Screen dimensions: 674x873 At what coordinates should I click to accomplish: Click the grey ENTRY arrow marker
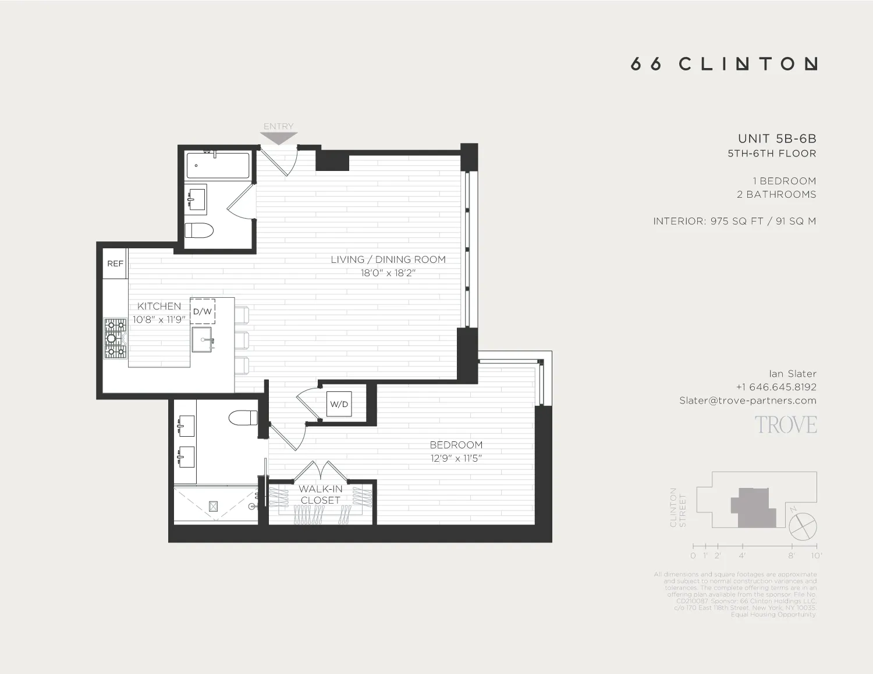(279, 138)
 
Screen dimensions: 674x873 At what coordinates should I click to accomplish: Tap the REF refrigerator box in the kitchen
(115, 263)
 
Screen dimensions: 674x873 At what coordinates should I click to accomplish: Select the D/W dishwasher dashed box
(203, 311)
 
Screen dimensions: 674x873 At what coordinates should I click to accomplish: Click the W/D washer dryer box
(339, 404)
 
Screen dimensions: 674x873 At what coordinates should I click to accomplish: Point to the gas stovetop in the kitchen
(115, 338)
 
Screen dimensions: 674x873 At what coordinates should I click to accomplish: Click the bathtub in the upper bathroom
(218, 166)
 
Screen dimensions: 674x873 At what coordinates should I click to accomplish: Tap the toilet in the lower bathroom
(243, 418)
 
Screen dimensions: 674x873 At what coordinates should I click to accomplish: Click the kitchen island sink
(202, 339)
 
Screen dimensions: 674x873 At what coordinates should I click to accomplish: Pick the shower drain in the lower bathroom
(213, 507)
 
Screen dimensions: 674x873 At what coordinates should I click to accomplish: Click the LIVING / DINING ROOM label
(388, 259)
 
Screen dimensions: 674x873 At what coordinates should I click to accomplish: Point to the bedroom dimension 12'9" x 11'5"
(456, 458)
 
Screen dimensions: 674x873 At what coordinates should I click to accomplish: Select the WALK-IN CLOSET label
(320, 494)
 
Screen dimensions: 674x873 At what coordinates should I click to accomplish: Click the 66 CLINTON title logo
(724, 63)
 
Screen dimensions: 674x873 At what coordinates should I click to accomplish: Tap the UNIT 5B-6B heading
(777, 138)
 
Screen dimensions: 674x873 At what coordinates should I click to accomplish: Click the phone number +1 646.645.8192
(776, 387)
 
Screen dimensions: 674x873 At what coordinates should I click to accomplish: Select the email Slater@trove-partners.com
(748, 400)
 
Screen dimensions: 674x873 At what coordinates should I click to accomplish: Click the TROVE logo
(786, 425)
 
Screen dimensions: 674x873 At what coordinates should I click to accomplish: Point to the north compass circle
(803, 527)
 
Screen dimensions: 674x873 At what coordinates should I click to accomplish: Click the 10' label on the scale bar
(817, 555)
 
